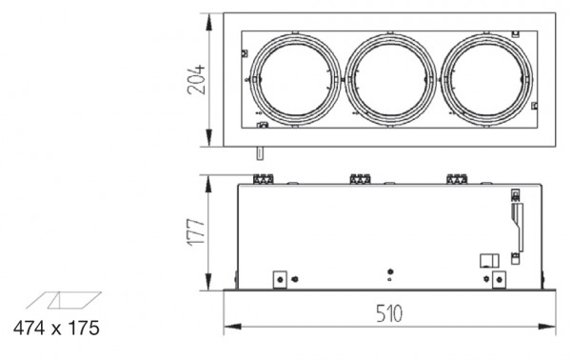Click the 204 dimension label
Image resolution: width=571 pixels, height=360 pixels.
point(196,80)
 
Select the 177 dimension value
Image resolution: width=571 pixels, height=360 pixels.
point(196,232)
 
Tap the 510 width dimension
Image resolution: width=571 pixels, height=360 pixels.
point(389,313)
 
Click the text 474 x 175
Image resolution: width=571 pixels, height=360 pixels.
point(56,328)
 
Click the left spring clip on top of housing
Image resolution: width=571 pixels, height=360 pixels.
point(264,179)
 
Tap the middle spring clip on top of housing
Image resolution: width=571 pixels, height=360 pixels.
point(360,179)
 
